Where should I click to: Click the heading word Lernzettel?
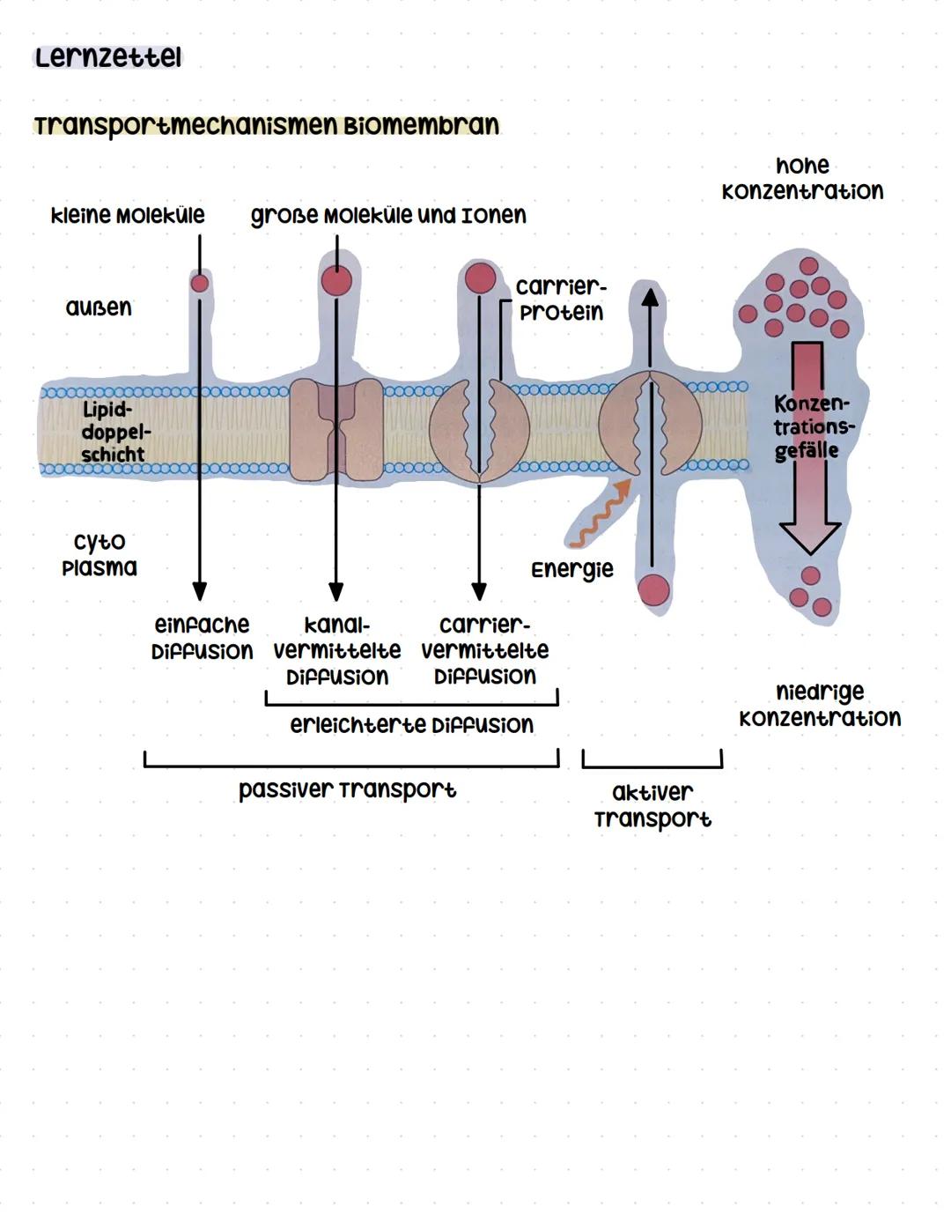(x=107, y=58)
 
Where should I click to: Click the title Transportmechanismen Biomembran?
(x=266, y=125)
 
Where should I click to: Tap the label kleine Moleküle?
(x=128, y=215)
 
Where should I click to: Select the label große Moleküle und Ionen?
(x=388, y=215)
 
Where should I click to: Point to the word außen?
(x=99, y=307)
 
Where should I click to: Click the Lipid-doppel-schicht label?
(x=113, y=432)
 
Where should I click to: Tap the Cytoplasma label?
(x=100, y=554)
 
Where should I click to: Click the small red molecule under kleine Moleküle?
(x=200, y=283)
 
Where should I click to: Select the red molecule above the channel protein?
(x=336, y=280)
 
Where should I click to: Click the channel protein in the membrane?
(x=336, y=430)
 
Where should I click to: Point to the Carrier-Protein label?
(x=561, y=300)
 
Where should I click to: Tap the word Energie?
(x=571, y=569)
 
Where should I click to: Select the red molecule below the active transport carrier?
(x=653, y=589)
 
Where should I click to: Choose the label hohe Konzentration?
(x=802, y=179)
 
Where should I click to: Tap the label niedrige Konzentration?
(x=820, y=705)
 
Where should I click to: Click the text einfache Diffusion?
(x=203, y=638)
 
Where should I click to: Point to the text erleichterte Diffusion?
(x=411, y=725)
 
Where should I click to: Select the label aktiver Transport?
(x=652, y=805)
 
